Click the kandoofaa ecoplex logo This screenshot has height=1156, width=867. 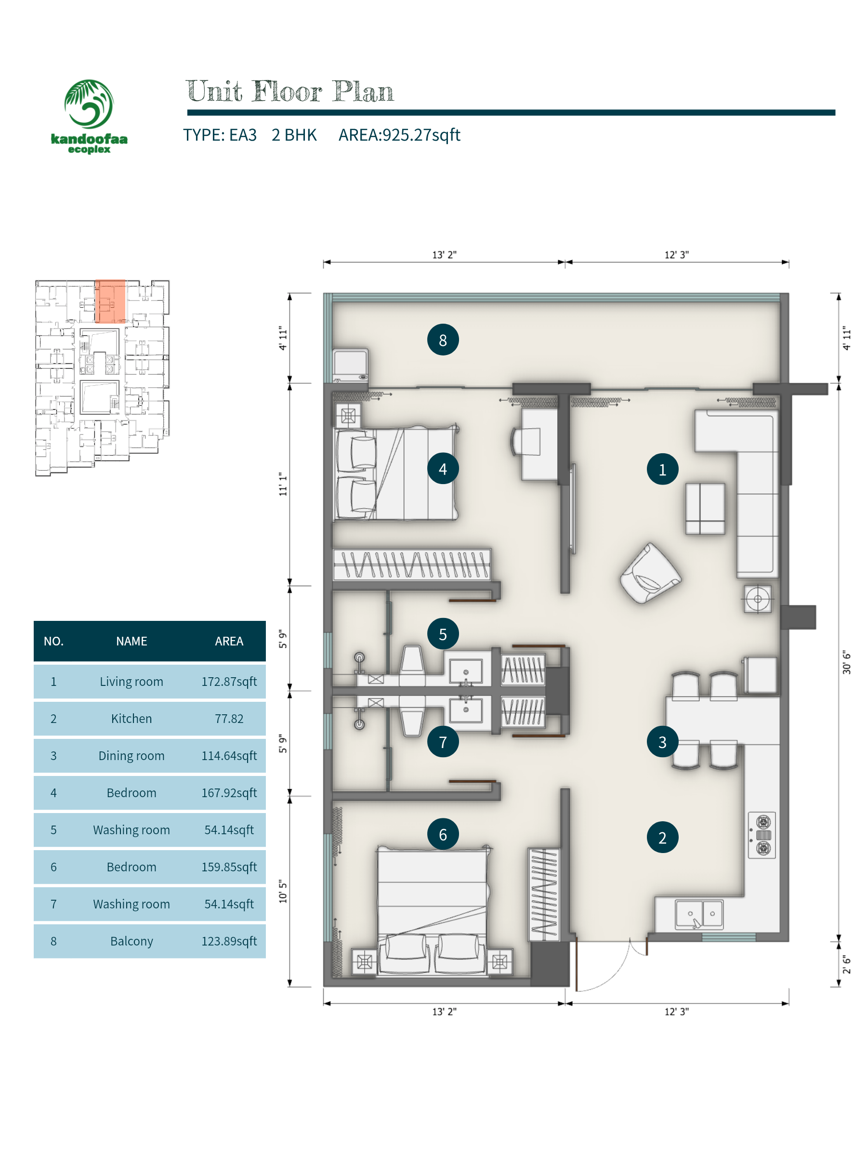(89, 116)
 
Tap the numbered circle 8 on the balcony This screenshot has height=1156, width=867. (443, 340)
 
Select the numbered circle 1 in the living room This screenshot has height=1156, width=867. (662, 469)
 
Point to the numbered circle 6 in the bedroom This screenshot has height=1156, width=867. (443, 834)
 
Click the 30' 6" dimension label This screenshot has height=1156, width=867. (846, 662)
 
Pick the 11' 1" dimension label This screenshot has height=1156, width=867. (283, 484)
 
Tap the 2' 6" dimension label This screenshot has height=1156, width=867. (846, 965)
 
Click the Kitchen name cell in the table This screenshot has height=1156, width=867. (131, 719)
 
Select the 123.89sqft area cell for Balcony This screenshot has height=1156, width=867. (229, 941)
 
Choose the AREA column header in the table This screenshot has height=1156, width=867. (229, 641)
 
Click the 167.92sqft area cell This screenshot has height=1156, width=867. (229, 793)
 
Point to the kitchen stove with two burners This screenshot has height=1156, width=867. (762, 835)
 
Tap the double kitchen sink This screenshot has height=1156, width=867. (699, 914)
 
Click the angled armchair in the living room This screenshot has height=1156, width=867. (650, 573)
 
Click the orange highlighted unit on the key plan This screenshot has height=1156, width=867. (110, 302)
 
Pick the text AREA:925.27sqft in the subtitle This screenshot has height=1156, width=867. (399, 135)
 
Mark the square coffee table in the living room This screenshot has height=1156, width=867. (705, 509)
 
